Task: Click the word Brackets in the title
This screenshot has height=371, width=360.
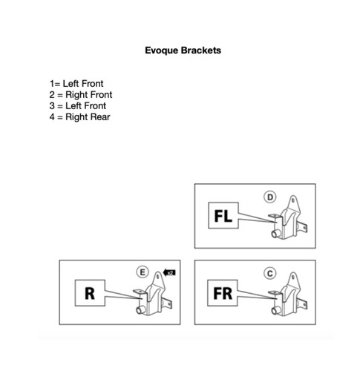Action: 201,50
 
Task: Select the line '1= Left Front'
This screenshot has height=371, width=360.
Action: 76,84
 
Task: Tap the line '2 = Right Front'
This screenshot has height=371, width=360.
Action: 81,95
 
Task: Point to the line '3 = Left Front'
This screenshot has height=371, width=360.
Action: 78,106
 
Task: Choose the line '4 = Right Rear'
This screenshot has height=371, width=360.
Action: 79,117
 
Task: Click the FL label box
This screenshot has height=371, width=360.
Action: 223,215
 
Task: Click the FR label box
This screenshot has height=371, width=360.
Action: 223,293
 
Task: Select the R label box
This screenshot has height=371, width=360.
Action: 90,293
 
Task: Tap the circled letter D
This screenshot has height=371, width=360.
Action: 270,197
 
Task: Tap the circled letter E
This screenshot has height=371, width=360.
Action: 143,272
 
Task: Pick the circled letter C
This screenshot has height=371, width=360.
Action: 270,273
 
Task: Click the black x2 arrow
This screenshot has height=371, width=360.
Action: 169,272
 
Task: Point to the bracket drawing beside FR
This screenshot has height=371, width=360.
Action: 288,295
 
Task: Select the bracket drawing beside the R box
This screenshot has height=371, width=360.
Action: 153,294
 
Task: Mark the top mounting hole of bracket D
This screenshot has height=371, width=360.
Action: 293,200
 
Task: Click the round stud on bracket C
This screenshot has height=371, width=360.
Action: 275,310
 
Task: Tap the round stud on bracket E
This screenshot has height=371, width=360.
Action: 140,309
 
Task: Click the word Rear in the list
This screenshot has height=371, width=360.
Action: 100,117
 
